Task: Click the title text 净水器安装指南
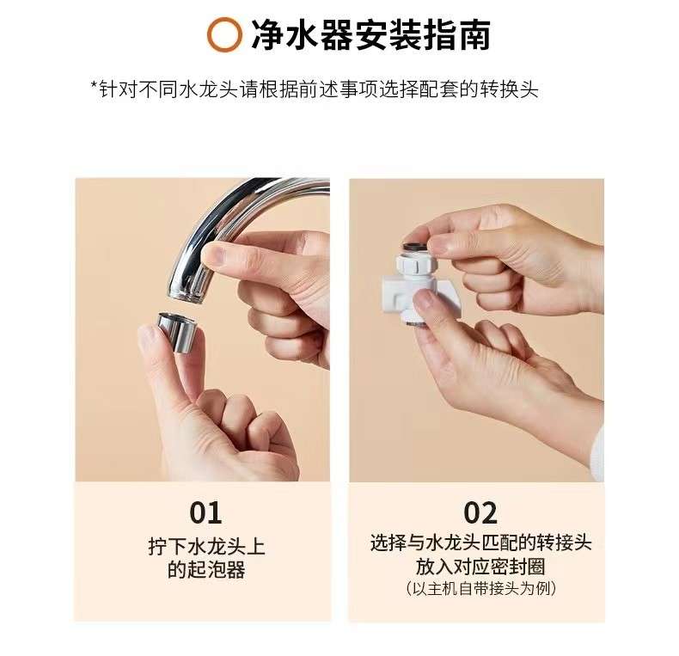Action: point(371,34)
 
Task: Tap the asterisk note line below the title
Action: point(315,89)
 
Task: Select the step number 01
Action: point(205,512)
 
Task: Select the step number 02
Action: point(480,512)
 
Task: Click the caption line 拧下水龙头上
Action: point(206,546)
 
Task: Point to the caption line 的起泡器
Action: point(206,569)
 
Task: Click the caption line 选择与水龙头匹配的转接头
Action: point(480,543)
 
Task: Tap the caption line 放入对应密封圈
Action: point(480,566)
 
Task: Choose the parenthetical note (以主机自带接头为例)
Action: point(480,588)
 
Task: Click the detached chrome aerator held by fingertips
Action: point(176,331)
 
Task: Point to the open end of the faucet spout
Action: point(187,296)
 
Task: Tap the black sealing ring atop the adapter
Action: point(415,248)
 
